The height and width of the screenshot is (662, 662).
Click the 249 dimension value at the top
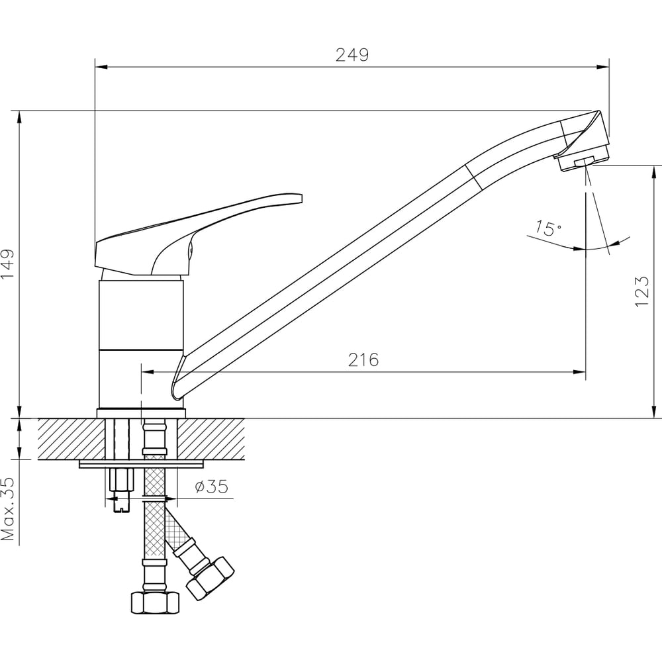[x=352, y=55]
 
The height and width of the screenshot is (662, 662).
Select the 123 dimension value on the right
[x=641, y=292]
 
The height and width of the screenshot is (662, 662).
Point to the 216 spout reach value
[x=363, y=359]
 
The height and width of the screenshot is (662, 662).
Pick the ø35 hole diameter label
[x=212, y=487]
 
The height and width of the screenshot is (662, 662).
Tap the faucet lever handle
[x=199, y=234]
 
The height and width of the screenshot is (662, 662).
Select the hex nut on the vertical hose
[x=155, y=602]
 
